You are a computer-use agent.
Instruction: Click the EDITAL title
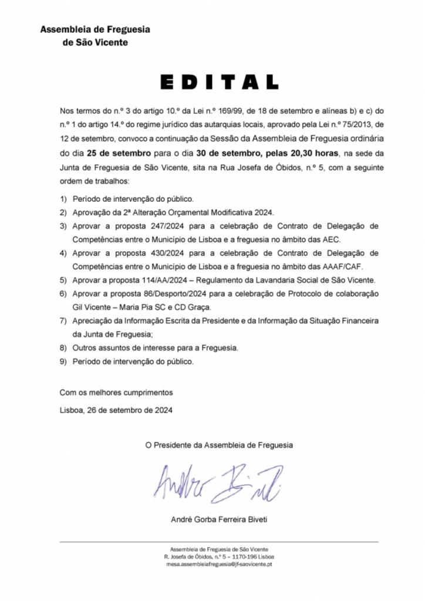[x=219, y=82]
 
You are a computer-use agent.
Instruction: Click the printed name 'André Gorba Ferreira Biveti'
[x=219, y=519]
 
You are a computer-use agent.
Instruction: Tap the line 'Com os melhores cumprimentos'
[x=116, y=392]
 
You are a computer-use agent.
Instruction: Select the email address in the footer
[x=219, y=565]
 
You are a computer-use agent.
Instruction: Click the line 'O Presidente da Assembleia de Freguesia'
[x=219, y=445]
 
